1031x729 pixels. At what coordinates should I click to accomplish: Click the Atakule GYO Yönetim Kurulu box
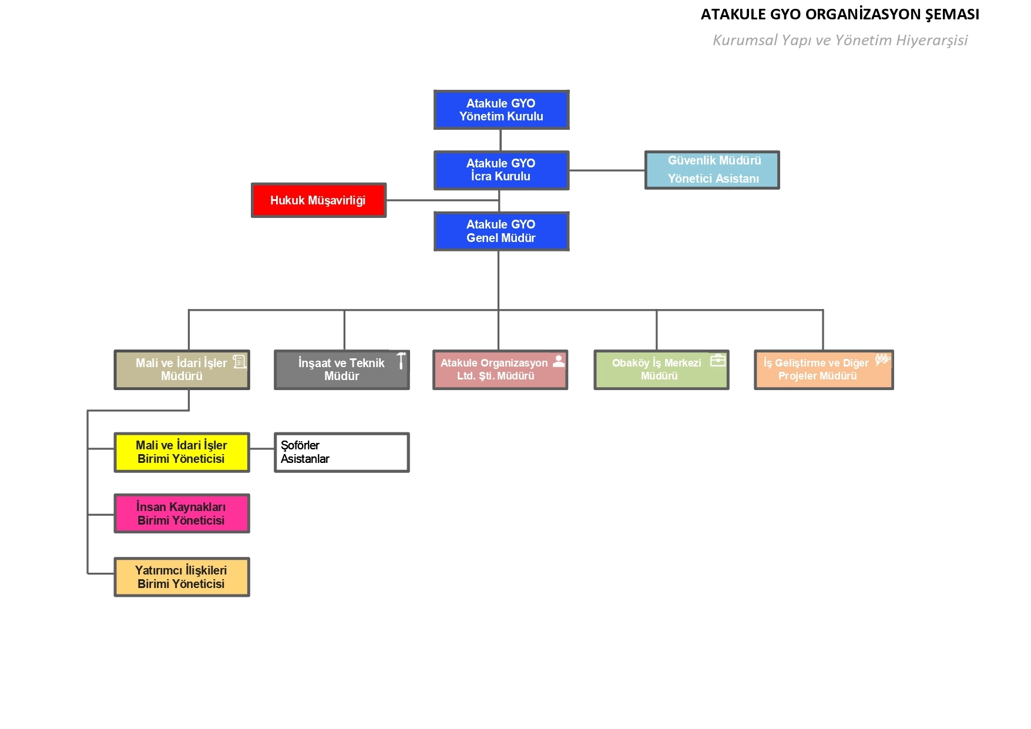point(501,110)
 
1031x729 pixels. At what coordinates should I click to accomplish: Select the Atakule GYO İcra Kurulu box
point(501,170)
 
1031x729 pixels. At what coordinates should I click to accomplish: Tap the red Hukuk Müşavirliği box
point(318,200)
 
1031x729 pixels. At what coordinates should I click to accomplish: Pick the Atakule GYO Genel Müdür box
point(501,231)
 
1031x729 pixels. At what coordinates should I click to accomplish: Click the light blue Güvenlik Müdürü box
point(712,170)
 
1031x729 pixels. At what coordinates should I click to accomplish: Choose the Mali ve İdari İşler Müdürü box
point(182,370)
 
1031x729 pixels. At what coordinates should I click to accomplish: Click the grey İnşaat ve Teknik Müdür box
point(341,370)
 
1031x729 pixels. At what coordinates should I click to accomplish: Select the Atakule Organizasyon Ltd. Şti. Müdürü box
point(500,370)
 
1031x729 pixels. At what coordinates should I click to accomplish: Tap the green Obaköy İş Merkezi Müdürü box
point(661,370)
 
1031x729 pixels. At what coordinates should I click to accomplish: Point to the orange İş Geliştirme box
point(824,370)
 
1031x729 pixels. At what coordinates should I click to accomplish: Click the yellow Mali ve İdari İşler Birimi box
point(182,452)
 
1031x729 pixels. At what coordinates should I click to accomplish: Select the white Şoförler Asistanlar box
point(341,452)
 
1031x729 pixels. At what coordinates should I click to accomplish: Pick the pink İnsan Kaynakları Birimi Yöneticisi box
point(182,513)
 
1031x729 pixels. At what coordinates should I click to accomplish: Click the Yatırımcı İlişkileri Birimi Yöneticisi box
point(182,577)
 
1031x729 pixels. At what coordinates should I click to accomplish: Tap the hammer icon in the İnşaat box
point(401,361)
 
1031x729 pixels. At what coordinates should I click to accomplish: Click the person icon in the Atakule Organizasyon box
point(559,361)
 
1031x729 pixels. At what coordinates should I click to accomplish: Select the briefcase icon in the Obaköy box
point(718,360)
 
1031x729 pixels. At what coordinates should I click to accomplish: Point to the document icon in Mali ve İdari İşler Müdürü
point(240,361)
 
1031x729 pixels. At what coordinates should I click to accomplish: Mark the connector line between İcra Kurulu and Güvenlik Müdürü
point(607,170)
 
